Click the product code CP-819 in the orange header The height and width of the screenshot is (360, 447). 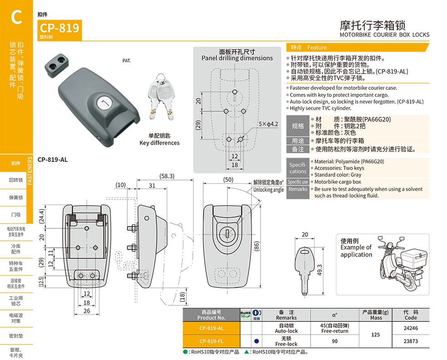point(59,28)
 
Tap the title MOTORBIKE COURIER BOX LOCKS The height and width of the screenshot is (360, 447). point(384,35)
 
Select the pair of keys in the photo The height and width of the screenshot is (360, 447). point(161,97)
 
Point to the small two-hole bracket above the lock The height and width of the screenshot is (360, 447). point(57,65)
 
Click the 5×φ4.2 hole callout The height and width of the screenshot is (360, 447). point(268,124)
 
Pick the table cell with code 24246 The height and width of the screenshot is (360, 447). point(411,328)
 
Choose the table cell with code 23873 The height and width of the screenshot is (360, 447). point(411,341)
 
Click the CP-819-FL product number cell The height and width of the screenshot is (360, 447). point(211,341)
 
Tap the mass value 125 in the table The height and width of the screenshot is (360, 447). point(376,335)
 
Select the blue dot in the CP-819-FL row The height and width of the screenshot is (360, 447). point(256,341)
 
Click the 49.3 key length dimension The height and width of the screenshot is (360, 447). point(320,270)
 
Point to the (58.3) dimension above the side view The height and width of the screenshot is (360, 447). point(167,176)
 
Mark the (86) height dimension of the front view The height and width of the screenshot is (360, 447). point(256,246)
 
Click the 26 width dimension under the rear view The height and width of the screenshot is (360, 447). point(87,311)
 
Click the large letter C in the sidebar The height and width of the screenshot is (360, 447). point(16,17)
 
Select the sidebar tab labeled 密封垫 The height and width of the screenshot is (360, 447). point(16,336)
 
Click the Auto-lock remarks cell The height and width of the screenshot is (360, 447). point(286,328)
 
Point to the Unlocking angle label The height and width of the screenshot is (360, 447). point(268,190)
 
